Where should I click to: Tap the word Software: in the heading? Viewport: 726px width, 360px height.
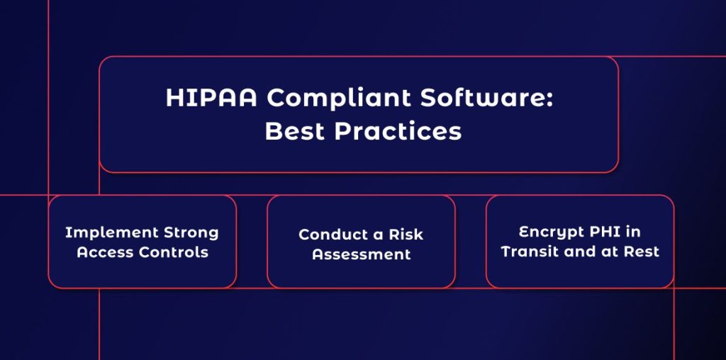490,99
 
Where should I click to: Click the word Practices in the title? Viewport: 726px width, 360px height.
396,132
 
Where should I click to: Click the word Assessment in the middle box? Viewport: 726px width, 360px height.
362,254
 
